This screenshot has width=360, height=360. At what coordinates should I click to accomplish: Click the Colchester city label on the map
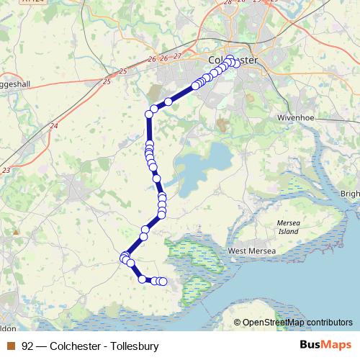coord(232,60)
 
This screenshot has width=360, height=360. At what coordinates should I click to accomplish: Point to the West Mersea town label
coord(252,251)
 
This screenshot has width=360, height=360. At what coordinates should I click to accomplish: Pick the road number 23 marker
coord(6,170)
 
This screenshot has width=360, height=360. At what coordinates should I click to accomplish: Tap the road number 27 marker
coord(177,56)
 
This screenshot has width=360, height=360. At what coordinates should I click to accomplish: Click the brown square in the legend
coord(10,346)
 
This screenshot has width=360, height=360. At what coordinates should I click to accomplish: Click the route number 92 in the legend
coord(27,346)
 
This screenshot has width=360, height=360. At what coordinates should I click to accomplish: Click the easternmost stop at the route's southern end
coord(163,282)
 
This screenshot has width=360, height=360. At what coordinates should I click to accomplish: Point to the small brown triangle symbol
coord(15,232)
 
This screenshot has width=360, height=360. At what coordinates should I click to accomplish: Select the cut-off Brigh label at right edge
coord(350,194)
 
